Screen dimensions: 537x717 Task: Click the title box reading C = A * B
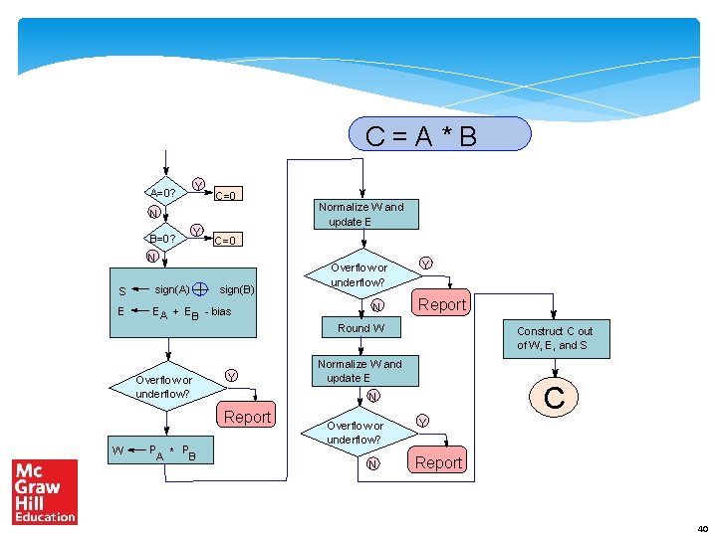click(x=439, y=134)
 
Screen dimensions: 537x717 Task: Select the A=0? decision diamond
click(x=162, y=191)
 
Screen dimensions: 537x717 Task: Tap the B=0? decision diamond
click(x=162, y=239)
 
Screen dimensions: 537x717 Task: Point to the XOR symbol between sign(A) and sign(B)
click(x=200, y=289)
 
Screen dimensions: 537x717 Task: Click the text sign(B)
click(x=237, y=289)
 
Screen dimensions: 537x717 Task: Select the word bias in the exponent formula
click(x=220, y=311)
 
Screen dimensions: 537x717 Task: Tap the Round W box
click(x=360, y=328)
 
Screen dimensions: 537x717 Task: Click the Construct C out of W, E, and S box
click(x=555, y=338)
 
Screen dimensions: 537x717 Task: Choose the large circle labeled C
click(x=555, y=399)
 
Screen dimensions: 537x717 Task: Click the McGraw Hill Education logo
click(x=45, y=491)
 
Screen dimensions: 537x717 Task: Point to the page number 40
click(x=703, y=528)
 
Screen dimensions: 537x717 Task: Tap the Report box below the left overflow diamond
click(x=247, y=417)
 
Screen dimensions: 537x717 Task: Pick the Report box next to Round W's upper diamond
click(x=441, y=304)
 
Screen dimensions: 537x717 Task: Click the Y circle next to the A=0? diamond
click(x=198, y=185)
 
